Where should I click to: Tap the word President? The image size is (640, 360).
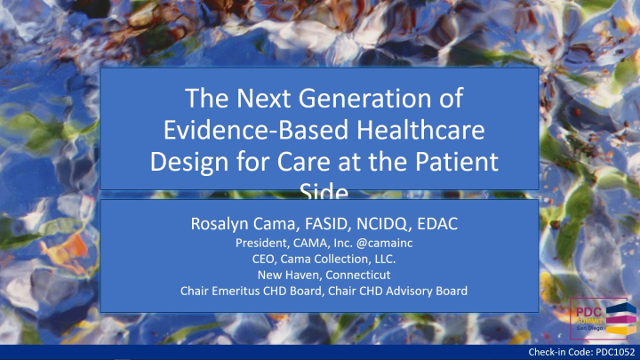[x=265, y=242]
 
